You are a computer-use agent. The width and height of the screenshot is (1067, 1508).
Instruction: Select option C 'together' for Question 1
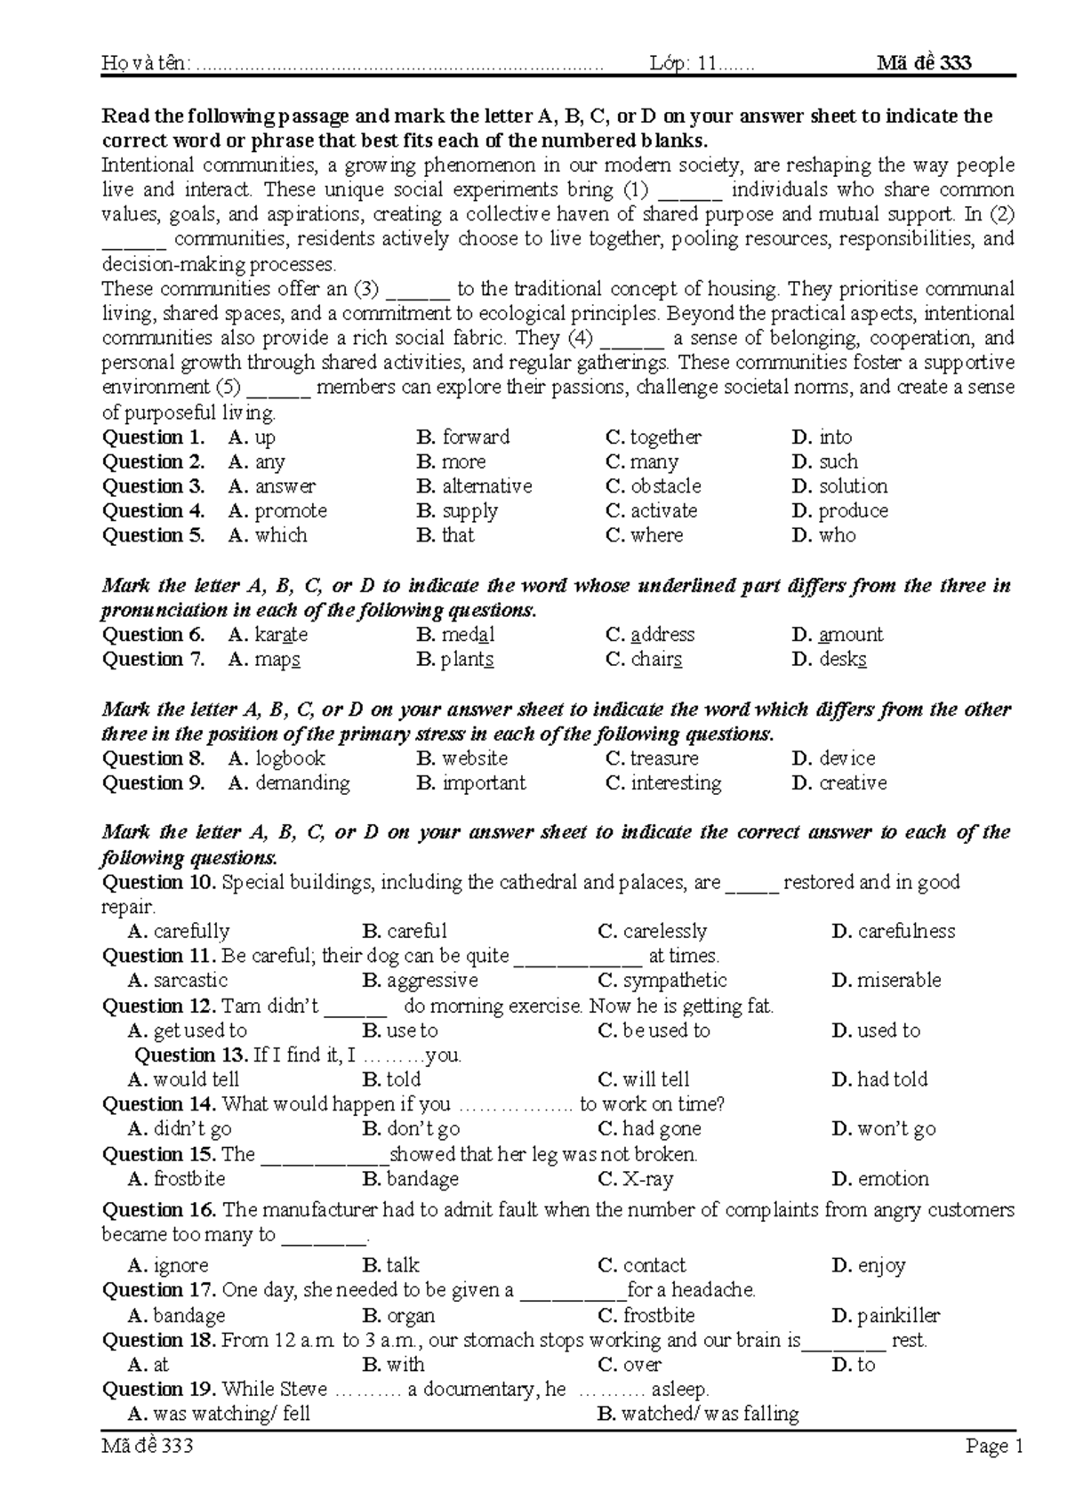[x=664, y=437]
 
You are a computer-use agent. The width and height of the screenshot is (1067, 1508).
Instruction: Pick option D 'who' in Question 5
[x=836, y=535]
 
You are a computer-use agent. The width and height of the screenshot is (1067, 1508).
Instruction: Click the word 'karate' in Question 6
[x=281, y=635]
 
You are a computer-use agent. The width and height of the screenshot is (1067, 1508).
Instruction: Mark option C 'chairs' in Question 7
[x=655, y=660]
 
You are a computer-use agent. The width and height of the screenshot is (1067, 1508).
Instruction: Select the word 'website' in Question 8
[x=475, y=758]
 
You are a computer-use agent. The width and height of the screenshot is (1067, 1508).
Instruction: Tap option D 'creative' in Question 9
[x=852, y=783]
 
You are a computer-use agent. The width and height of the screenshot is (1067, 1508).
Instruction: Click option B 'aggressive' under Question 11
[x=431, y=981]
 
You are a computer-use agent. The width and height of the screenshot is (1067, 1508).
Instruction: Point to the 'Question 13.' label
[x=190, y=1055]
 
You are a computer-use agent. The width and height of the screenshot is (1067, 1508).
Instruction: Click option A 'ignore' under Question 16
[x=180, y=1265]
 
